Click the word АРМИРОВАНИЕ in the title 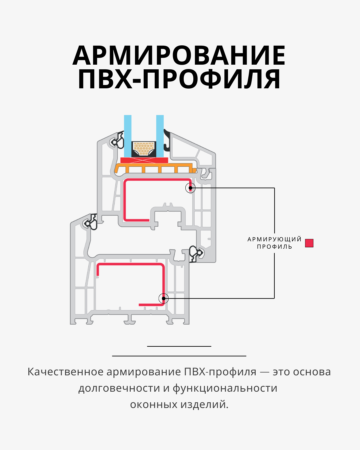[179, 55]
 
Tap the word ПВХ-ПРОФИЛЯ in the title [179, 79]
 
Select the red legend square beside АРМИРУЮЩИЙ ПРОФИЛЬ [309, 243]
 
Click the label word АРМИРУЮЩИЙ [274, 239]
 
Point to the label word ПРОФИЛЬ [274, 247]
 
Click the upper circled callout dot [190, 188]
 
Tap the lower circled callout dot [163, 298]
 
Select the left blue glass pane [128, 135]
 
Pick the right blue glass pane [160, 135]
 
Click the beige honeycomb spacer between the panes [144, 148]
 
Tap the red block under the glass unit [144, 160]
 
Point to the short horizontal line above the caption [179, 346]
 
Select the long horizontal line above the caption [179, 356]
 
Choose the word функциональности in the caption [225, 388]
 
